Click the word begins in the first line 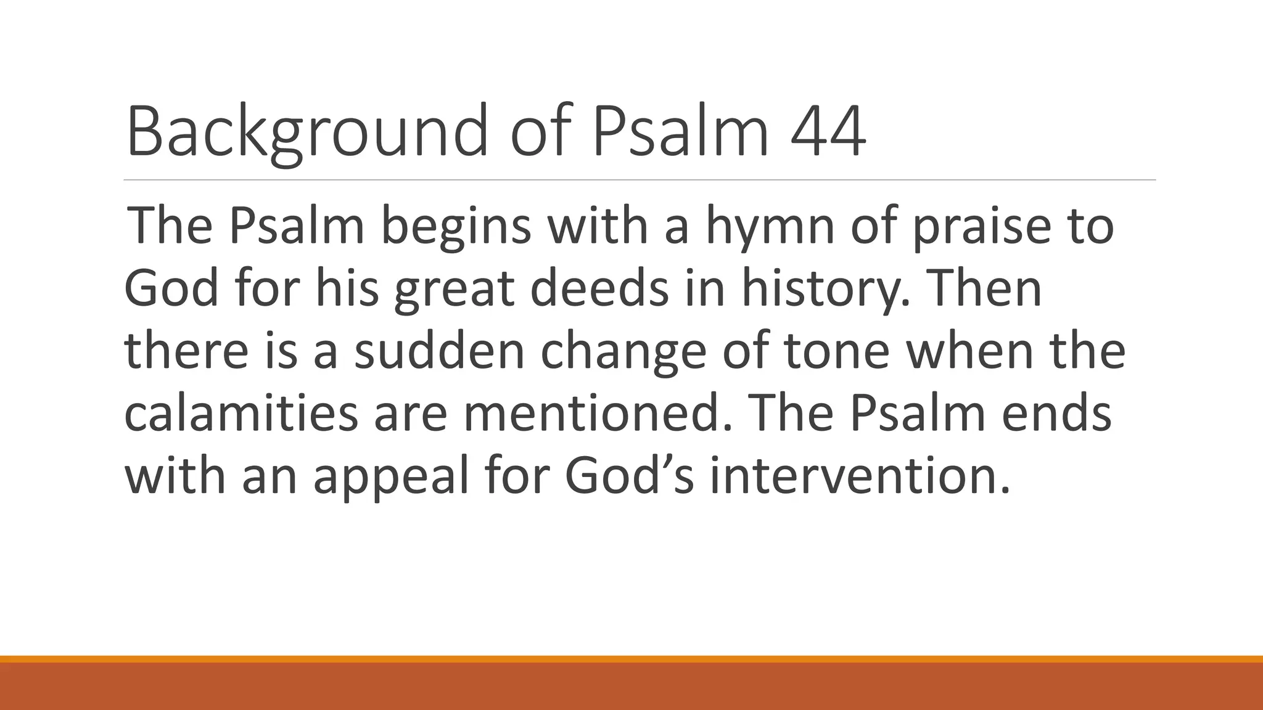pos(456,226)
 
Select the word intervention pos(860,477)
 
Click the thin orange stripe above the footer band pos(631,659)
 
